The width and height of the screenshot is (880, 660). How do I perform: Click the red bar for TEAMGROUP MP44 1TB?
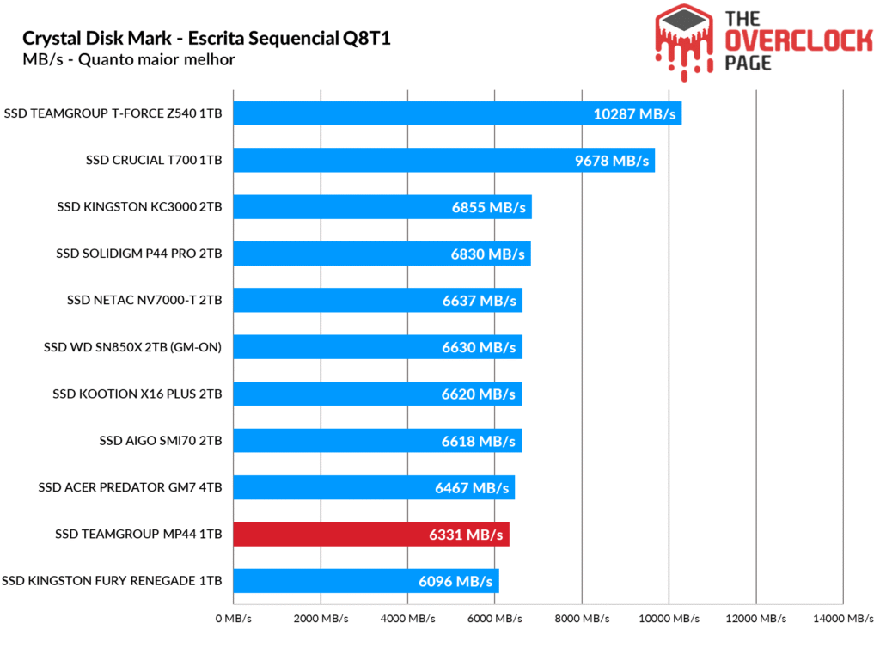[371, 535]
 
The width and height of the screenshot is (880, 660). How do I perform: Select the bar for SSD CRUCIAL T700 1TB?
[443, 161]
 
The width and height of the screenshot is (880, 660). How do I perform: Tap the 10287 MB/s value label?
[635, 114]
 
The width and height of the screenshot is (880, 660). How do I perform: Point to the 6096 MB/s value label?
[455, 581]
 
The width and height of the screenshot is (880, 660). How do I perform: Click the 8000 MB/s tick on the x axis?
[583, 619]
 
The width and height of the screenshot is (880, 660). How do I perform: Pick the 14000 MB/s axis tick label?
[843, 619]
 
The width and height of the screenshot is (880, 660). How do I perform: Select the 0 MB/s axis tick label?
[233, 619]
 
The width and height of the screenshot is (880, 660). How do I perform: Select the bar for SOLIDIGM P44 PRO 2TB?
[382, 254]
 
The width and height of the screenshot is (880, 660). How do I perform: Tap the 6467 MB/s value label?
[472, 488]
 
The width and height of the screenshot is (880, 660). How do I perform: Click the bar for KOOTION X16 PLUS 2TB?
[377, 394]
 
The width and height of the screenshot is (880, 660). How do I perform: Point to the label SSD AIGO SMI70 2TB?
[161, 441]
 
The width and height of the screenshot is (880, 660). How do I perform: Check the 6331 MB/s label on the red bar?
[466, 535]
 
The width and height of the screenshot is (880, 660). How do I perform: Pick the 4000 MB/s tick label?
[408, 619]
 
